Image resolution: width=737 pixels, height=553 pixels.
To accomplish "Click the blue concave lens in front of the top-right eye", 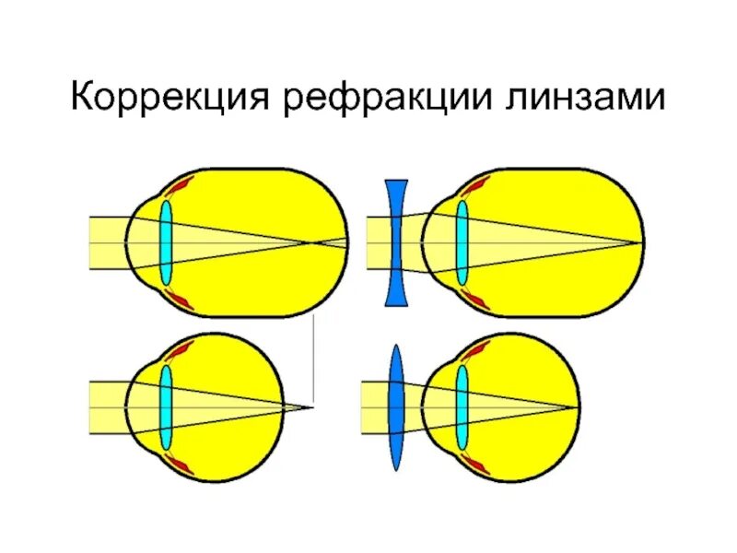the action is point(396,242).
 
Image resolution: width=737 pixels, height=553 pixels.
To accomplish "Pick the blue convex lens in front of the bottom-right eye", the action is point(396,407).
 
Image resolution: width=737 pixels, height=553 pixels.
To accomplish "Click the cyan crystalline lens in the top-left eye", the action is point(167,242).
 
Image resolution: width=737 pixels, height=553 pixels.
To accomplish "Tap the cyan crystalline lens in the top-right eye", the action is point(462,242).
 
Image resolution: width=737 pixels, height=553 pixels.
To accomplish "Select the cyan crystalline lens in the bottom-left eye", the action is point(167,407).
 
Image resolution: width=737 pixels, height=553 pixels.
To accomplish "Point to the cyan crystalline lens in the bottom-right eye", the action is point(462,407).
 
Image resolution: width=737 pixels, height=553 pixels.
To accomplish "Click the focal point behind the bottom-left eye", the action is point(313,407).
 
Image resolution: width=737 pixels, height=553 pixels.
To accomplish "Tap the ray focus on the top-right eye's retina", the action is point(639,242).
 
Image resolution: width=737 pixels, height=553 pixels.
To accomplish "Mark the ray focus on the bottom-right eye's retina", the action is point(579,407).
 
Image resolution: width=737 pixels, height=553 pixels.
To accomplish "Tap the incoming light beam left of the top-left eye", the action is point(107,242).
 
